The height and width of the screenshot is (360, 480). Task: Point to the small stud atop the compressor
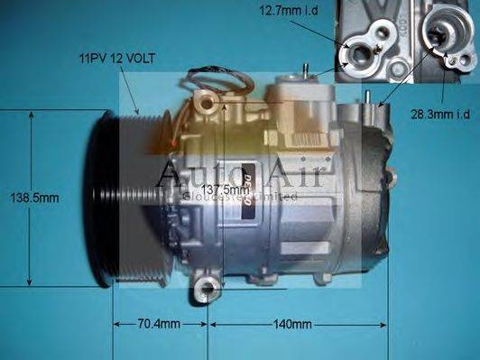309,69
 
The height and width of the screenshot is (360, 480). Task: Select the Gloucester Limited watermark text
238,195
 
